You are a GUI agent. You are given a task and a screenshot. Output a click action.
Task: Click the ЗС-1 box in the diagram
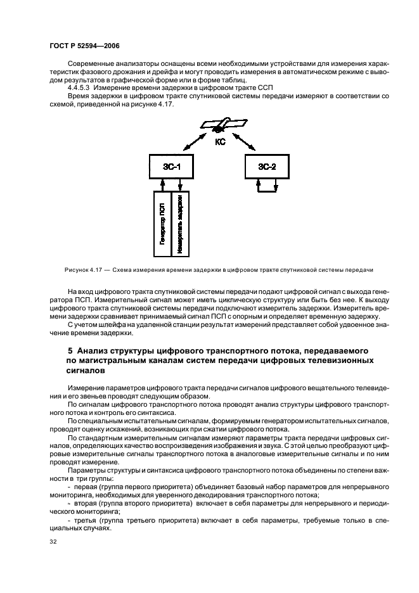[171, 166]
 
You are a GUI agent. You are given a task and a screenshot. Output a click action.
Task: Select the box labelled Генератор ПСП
[163, 224]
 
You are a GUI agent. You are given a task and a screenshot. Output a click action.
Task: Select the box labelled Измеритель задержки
[181, 224]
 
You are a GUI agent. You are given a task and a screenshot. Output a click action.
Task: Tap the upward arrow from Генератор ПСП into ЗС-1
[163, 184]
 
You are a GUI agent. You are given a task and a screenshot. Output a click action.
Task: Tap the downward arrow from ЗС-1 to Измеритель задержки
[181, 184]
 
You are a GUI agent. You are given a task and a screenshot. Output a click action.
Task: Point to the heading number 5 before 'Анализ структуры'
[70, 350]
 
